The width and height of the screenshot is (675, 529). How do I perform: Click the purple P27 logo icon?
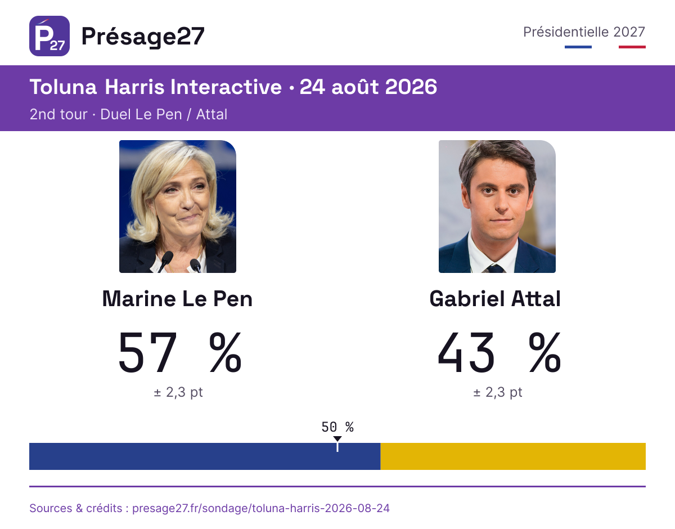pyautogui.click(x=49, y=36)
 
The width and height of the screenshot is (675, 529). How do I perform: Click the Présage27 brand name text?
pyautogui.click(x=143, y=37)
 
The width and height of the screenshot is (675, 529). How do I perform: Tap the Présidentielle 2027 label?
pyautogui.click(x=584, y=32)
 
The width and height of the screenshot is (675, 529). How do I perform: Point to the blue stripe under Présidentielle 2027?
pyautogui.click(x=578, y=47)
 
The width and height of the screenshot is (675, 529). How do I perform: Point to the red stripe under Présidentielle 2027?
pyautogui.click(x=632, y=47)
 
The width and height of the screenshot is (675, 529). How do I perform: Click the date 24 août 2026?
pyautogui.click(x=368, y=87)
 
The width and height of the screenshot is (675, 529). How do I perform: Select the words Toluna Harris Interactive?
pyautogui.click(x=156, y=87)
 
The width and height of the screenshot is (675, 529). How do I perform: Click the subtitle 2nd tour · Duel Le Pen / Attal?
pyautogui.click(x=129, y=114)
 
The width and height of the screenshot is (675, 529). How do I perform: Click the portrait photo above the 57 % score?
pyautogui.click(x=178, y=207)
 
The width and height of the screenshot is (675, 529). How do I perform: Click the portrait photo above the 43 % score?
pyautogui.click(x=497, y=207)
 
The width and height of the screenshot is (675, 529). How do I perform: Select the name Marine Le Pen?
pyautogui.click(x=177, y=299)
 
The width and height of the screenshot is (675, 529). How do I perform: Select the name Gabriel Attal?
pyautogui.click(x=496, y=299)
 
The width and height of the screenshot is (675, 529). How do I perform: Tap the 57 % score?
pyautogui.click(x=180, y=352)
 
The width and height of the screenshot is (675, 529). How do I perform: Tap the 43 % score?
pyautogui.click(x=499, y=352)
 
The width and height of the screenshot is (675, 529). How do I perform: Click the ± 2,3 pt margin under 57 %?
pyautogui.click(x=178, y=392)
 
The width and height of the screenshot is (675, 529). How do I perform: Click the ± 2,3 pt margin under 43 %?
pyautogui.click(x=498, y=392)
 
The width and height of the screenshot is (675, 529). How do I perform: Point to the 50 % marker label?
pyautogui.click(x=337, y=427)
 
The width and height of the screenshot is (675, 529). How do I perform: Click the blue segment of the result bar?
pyautogui.click(x=205, y=456)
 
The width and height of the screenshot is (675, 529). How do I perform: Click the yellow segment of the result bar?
pyautogui.click(x=513, y=456)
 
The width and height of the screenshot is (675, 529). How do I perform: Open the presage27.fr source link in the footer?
pyautogui.click(x=261, y=508)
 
